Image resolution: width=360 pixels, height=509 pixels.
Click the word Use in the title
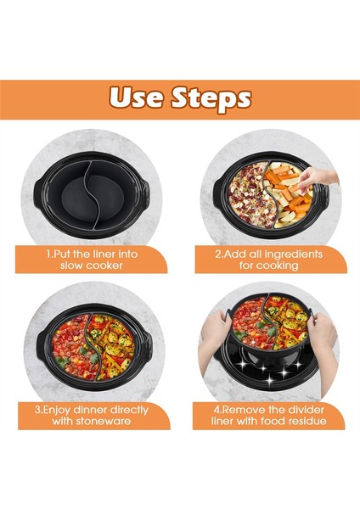pyautogui.click(x=136, y=98)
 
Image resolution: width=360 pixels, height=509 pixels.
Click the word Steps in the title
pyautogui.click(x=211, y=98)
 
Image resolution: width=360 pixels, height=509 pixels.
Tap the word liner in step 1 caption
pyautogui.click(x=101, y=254)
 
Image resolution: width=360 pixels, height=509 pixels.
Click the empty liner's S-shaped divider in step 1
pyautogui.click(x=89, y=195)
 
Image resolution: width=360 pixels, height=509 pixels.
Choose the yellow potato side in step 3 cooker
pyautogui.click(x=112, y=345)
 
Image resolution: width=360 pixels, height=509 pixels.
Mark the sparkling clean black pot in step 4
pyautogui.click(x=270, y=366)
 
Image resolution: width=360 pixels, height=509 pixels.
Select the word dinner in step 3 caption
pyautogui.click(x=90, y=410)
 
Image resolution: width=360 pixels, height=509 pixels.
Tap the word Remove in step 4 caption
pyautogui.click(x=239, y=410)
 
